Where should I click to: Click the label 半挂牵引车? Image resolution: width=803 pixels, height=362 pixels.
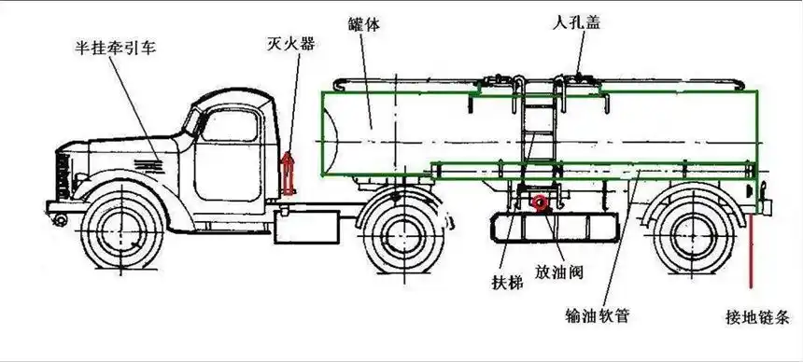(116, 47)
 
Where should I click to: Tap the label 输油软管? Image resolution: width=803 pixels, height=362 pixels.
(598, 314)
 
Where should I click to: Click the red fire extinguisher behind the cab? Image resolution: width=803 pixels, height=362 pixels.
(289, 174)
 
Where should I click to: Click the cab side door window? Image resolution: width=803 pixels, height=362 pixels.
(229, 123)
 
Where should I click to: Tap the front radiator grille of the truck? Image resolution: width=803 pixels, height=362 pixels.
(63, 177)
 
